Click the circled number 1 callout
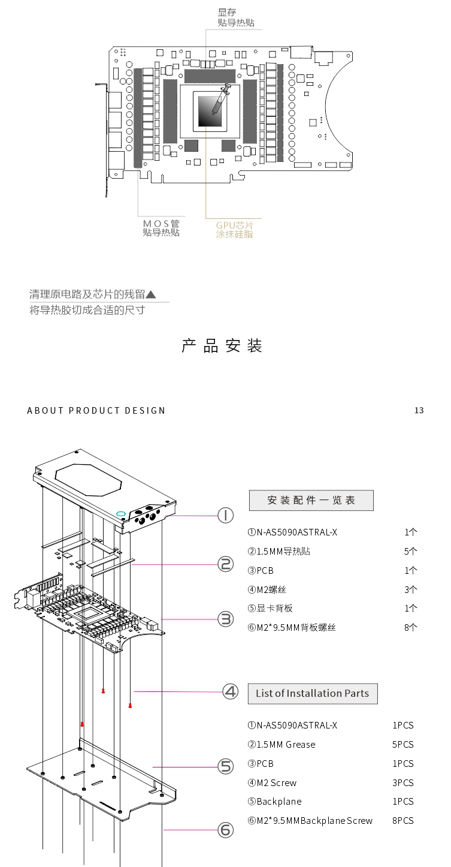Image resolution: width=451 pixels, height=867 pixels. tap(225, 515)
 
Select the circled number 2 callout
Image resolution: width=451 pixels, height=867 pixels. tap(225, 564)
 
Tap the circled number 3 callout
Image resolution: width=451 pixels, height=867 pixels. tap(225, 619)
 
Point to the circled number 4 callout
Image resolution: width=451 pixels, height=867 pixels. tap(231, 691)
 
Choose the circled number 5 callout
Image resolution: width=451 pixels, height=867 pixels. tap(225, 766)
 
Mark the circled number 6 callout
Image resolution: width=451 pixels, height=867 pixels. tap(225, 830)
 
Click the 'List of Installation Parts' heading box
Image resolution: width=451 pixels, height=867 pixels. tap(312, 693)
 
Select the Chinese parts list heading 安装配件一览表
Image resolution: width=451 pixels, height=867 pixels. tap(311, 500)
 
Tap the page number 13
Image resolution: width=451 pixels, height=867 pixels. tap(419, 411)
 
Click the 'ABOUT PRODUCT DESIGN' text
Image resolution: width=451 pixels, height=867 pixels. tap(96, 411)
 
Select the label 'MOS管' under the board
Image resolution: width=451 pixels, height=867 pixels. tap(161, 224)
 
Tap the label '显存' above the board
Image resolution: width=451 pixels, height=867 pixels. tap(226, 11)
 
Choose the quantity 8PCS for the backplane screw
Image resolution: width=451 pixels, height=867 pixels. tap(402, 820)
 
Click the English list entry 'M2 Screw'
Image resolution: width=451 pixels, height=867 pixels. tap(276, 782)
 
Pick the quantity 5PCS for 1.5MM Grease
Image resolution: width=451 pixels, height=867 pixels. tap(402, 744)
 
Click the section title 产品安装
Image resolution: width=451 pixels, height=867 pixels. tap(222, 346)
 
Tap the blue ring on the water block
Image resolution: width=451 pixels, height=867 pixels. tap(121, 513)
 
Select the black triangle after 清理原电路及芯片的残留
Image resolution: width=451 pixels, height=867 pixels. tap(151, 294)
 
